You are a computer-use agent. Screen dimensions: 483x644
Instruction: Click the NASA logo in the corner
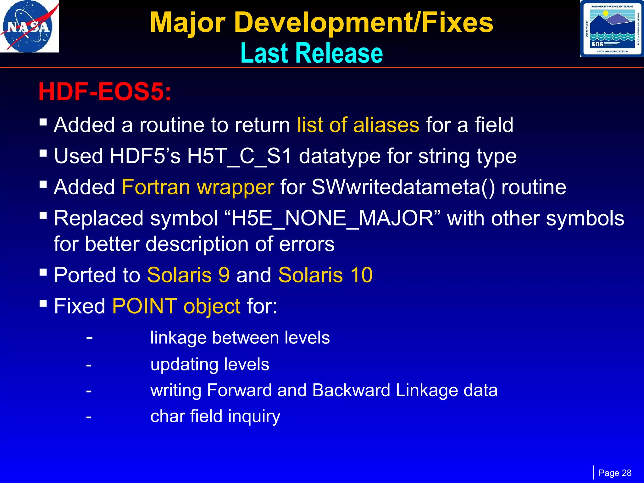(x=29, y=26)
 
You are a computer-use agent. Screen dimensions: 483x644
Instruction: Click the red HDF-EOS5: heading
(x=105, y=92)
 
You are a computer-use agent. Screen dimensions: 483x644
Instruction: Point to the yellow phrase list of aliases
(x=358, y=125)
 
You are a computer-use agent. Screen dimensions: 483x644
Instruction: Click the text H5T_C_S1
(x=239, y=156)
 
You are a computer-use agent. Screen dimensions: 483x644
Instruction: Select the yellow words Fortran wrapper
(x=198, y=187)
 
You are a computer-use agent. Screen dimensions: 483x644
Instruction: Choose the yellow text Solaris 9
(x=188, y=275)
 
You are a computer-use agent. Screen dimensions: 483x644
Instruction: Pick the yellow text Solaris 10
(x=325, y=275)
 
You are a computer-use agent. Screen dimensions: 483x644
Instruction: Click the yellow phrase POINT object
(x=176, y=306)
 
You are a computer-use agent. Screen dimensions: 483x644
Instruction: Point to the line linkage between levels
(x=240, y=338)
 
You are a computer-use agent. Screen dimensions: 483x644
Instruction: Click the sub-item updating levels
(x=210, y=364)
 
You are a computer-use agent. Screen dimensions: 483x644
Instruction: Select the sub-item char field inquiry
(x=215, y=416)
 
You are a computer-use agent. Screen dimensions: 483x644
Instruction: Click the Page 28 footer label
(x=615, y=473)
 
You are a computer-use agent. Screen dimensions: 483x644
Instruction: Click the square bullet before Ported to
(x=43, y=272)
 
